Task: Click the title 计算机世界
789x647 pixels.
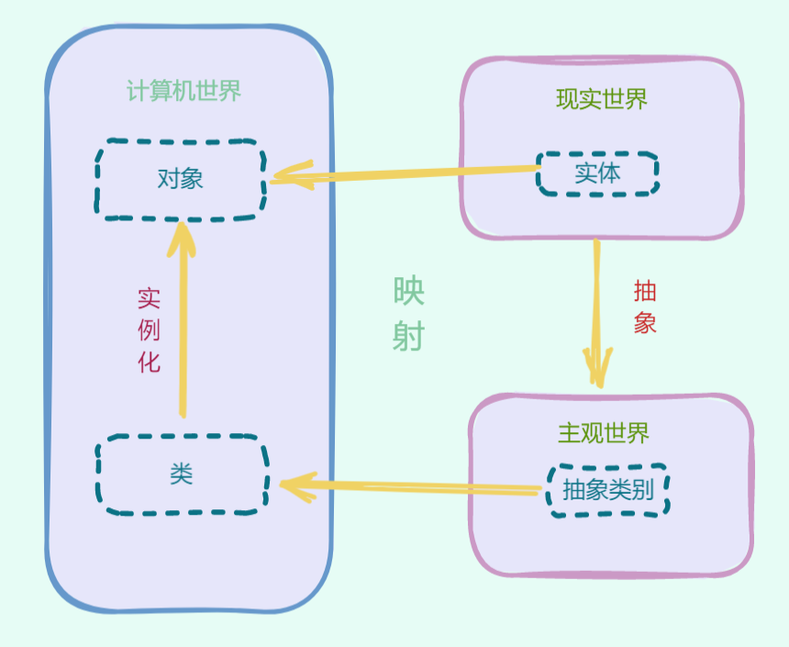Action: click(x=183, y=92)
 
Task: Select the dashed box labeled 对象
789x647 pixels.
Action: click(x=181, y=179)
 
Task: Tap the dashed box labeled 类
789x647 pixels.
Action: click(x=182, y=474)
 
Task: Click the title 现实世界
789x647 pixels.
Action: click(x=601, y=99)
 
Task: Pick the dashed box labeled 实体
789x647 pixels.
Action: click(x=597, y=173)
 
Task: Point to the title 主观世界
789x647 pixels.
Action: click(x=603, y=432)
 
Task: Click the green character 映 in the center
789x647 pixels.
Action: click(x=408, y=292)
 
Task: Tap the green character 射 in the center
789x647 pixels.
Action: click(x=408, y=338)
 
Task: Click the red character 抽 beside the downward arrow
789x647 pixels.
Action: click(x=645, y=293)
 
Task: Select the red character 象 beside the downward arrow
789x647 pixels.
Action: click(x=645, y=323)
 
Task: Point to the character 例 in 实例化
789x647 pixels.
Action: click(x=149, y=329)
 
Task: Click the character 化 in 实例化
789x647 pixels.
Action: click(x=149, y=361)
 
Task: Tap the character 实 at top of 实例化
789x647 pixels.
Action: click(x=149, y=298)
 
